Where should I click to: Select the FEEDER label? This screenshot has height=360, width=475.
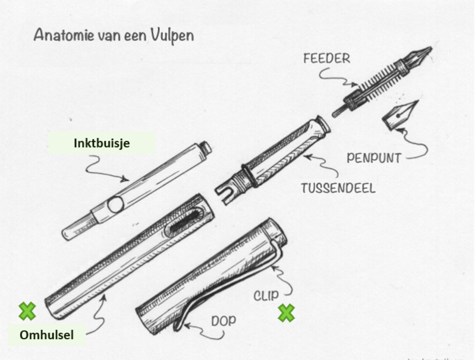(x=327, y=59)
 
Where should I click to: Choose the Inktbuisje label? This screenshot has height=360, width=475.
(x=103, y=143)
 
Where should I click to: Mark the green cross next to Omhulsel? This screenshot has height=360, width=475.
(x=27, y=310)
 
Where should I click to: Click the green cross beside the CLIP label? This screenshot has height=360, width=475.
(x=287, y=312)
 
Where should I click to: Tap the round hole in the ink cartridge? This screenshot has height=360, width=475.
(x=115, y=206)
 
